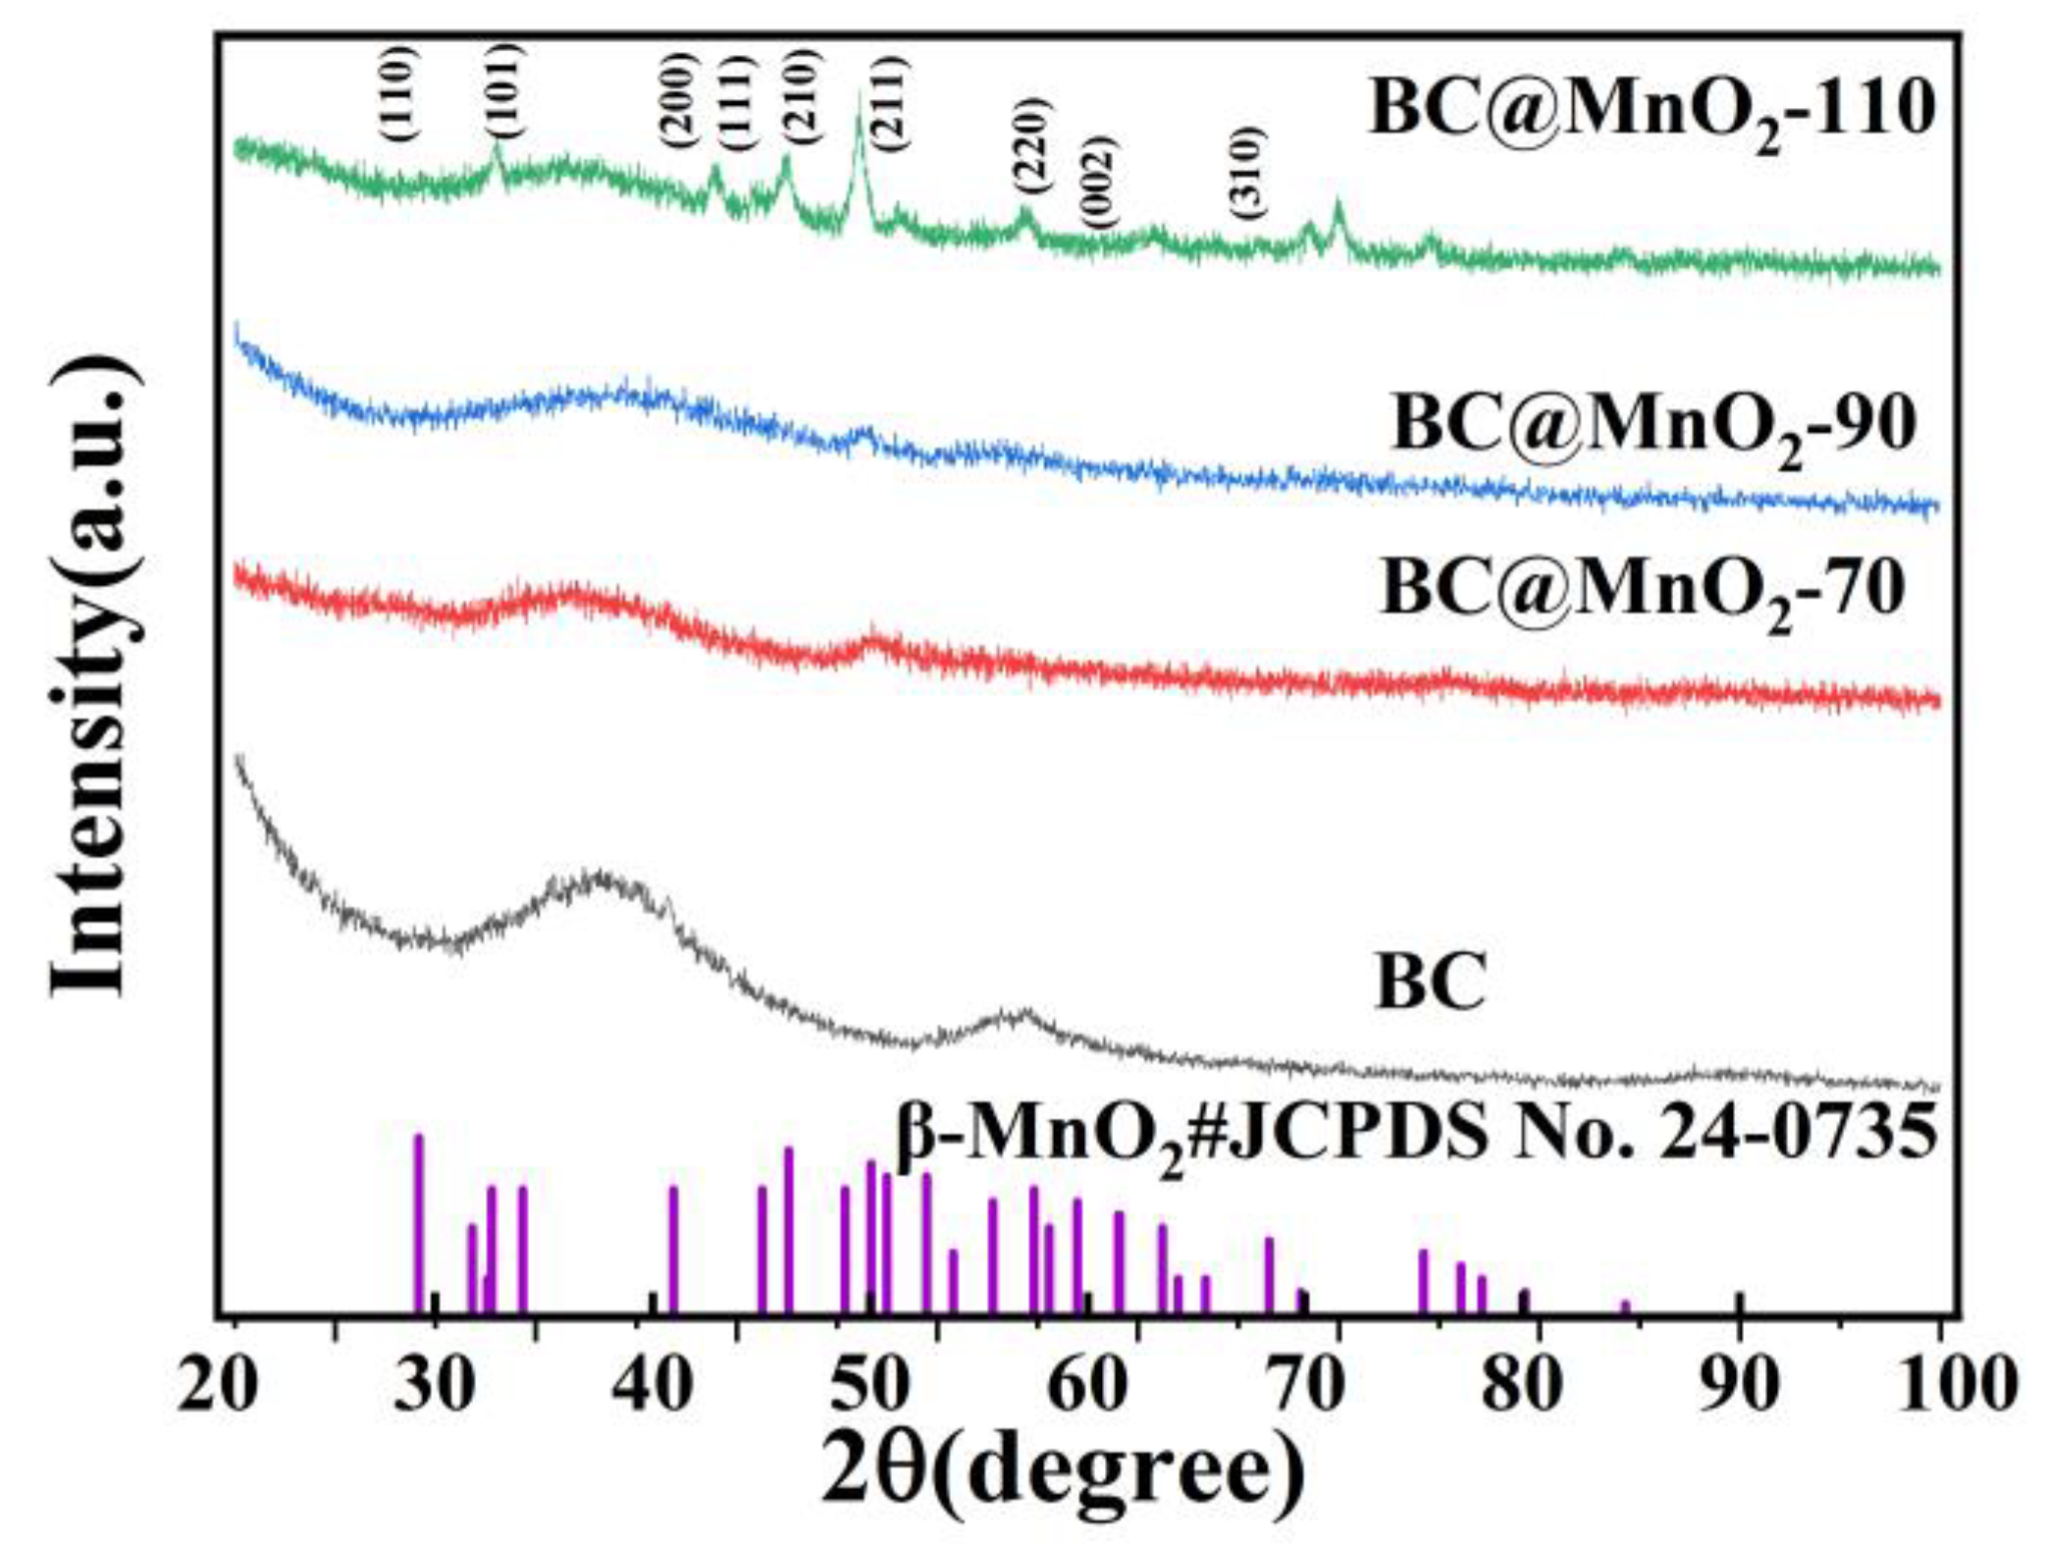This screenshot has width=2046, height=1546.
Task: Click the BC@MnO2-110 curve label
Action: point(1652,110)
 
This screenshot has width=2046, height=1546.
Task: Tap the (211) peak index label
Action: point(889,104)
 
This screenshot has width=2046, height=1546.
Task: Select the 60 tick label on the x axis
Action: point(1095,1387)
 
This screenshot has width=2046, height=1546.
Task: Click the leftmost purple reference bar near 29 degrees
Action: point(419,1222)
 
